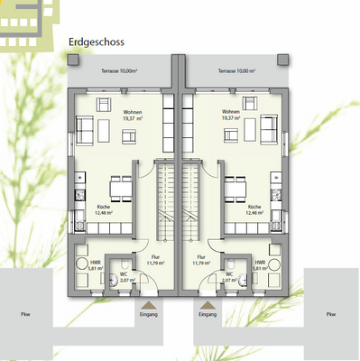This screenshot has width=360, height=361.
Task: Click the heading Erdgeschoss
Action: [96, 41]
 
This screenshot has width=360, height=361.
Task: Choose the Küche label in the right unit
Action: [254, 209]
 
